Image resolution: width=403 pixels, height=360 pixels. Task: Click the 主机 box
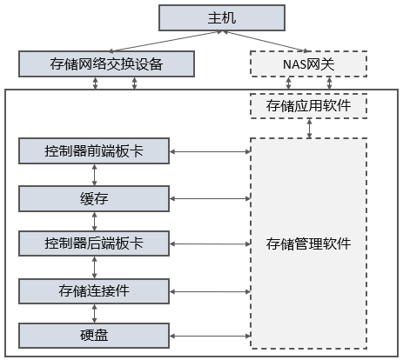pyautogui.click(x=222, y=17)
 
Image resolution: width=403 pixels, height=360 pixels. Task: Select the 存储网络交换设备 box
pyautogui.click(x=106, y=63)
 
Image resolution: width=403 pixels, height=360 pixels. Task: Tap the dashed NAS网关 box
pyautogui.click(x=309, y=63)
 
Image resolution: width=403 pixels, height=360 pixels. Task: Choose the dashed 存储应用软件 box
pyautogui.click(x=309, y=106)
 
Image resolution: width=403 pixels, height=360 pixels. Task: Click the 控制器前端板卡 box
pyautogui.click(x=94, y=151)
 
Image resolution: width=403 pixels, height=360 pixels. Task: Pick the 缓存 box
pyautogui.click(x=94, y=199)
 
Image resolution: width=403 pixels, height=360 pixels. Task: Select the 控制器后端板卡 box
pyautogui.click(x=94, y=243)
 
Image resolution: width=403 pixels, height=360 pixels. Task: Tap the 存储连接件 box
pyautogui.click(x=94, y=291)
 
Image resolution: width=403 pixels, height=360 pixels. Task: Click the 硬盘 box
pyautogui.click(x=94, y=336)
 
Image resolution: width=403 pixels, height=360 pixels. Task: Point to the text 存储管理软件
pyautogui.click(x=309, y=243)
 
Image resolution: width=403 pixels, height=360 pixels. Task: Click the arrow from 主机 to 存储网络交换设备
pyautogui.click(x=165, y=42)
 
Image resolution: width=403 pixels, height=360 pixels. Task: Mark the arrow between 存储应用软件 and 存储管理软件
pyautogui.click(x=310, y=128)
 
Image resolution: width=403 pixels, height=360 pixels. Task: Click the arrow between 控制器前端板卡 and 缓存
pyautogui.click(x=94, y=175)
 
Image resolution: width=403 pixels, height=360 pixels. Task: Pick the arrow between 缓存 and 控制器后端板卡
pyautogui.click(x=94, y=221)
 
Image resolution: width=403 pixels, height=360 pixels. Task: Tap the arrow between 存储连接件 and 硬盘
pyautogui.click(x=94, y=314)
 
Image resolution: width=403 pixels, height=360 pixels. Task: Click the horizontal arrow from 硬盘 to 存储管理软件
pyautogui.click(x=210, y=336)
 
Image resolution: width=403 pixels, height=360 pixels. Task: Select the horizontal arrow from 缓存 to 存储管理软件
pyautogui.click(x=210, y=199)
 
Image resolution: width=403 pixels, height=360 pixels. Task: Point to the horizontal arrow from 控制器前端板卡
pyautogui.click(x=210, y=151)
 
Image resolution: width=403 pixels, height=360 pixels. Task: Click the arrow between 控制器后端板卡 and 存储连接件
pyautogui.click(x=94, y=267)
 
